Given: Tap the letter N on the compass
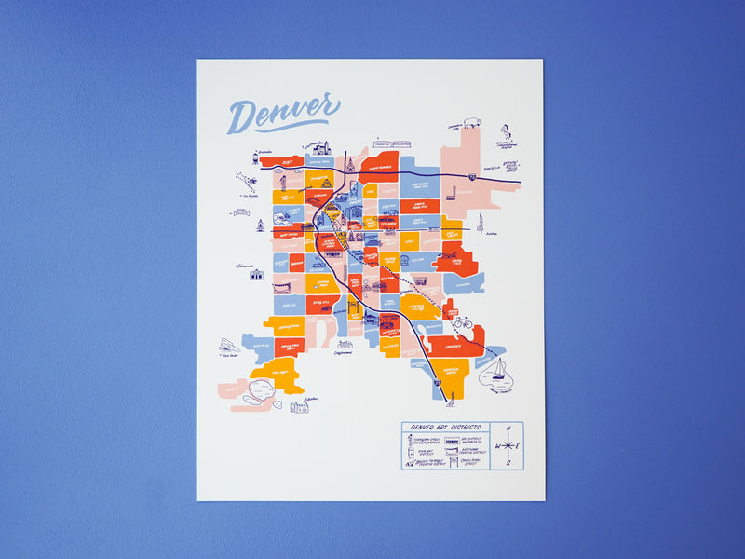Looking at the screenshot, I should tap(508, 429).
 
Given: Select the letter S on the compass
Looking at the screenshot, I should tap(508, 464).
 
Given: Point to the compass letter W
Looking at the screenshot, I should tap(496, 447).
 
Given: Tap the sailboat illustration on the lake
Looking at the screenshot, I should tap(498, 371).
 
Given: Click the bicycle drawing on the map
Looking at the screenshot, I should tap(462, 322).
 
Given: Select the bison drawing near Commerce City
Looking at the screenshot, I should tap(471, 121).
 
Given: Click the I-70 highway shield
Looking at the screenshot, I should tap(473, 174).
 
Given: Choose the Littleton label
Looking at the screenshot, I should tap(309, 399).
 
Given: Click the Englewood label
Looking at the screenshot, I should tap(344, 352).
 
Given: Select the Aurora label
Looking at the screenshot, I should tap(492, 234).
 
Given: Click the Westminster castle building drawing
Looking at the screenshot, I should tap(321, 147).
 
